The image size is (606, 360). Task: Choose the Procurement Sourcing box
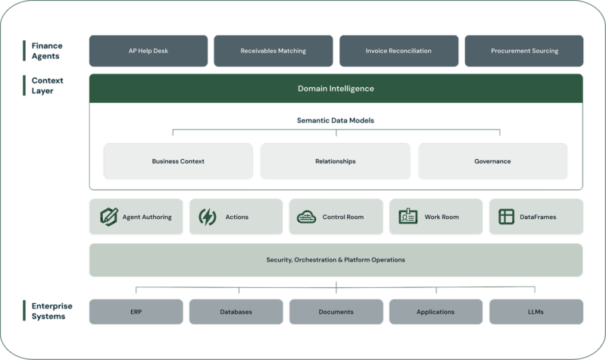tap(523, 51)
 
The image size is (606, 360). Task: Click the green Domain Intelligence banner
tap(336, 89)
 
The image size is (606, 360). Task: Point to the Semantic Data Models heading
tap(336, 121)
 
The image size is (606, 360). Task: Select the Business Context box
tap(178, 161)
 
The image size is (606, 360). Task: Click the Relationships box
tap(336, 161)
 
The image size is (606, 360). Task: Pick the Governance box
tap(492, 161)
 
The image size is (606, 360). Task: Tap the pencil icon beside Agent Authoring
tap(109, 217)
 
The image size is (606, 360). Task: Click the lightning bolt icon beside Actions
tap(207, 217)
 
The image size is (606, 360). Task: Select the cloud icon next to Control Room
tap(307, 217)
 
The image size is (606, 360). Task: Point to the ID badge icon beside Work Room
tap(408, 217)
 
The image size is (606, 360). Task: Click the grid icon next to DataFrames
tap(506, 217)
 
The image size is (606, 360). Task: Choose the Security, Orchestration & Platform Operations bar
tap(336, 260)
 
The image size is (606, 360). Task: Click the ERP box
tap(136, 311)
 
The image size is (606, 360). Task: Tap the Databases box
tap(236, 311)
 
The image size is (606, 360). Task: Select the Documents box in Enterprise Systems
tap(336, 311)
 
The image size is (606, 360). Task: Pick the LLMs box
tap(536, 311)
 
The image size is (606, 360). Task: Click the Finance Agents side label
tap(47, 51)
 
